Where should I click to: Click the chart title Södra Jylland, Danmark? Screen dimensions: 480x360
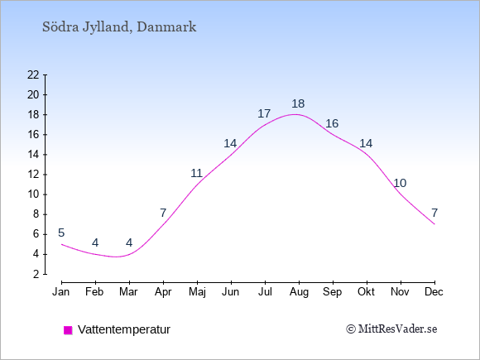pyautogui.click(x=119, y=27)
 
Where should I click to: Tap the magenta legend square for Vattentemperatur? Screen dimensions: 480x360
pyautogui.click(x=68, y=330)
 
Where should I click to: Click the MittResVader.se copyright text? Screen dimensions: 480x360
pyautogui.click(x=391, y=329)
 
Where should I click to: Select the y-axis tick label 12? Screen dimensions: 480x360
pyautogui.click(x=33, y=175)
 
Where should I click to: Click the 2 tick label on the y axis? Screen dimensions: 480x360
pyautogui.click(x=36, y=274)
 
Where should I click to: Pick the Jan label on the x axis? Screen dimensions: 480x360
pyautogui.click(x=61, y=292)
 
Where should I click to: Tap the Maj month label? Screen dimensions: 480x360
pyautogui.click(x=197, y=292)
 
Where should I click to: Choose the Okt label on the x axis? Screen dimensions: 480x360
pyautogui.click(x=366, y=292)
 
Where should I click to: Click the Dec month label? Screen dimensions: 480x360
pyautogui.click(x=434, y=292)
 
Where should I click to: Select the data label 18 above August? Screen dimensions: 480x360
pyautogui.click(x=298, y=103)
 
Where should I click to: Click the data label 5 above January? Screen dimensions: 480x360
pyautogui.click(x=61, y=233)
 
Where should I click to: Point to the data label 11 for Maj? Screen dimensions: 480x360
pyautogui.click(x=196, y=173)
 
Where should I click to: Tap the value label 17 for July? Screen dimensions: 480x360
pyautogui.click(x=264, y=113)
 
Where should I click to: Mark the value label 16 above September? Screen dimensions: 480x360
pyautogui.click(x=332, y=123)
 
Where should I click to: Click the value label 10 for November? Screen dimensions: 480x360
pyautogui.click(x=400, y=184)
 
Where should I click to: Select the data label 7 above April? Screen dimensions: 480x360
pyautogui.click(x=163, y=213)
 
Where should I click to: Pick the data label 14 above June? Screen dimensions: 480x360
pyautogui.click(x=230, y=143)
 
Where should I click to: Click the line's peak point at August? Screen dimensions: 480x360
pyautogui.click(x=295, y=114)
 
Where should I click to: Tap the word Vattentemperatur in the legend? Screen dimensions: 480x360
pyautogui.click(x=124, y=329)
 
